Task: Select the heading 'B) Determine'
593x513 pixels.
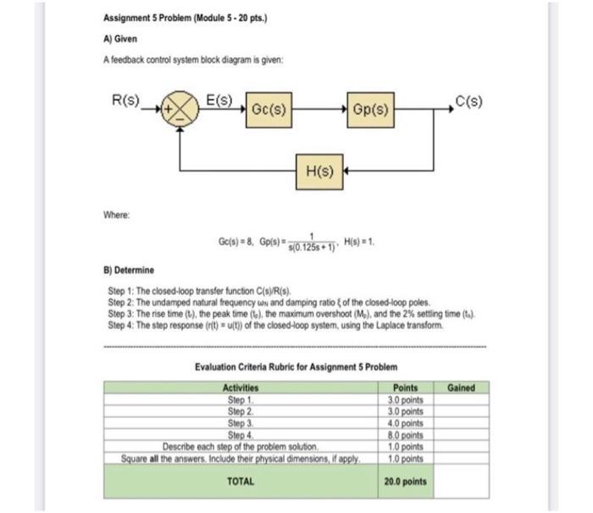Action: [x=129, y=270]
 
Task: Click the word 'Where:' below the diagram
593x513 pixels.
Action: [x=119, y=215]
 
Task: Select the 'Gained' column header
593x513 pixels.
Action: [x=462, y=388]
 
